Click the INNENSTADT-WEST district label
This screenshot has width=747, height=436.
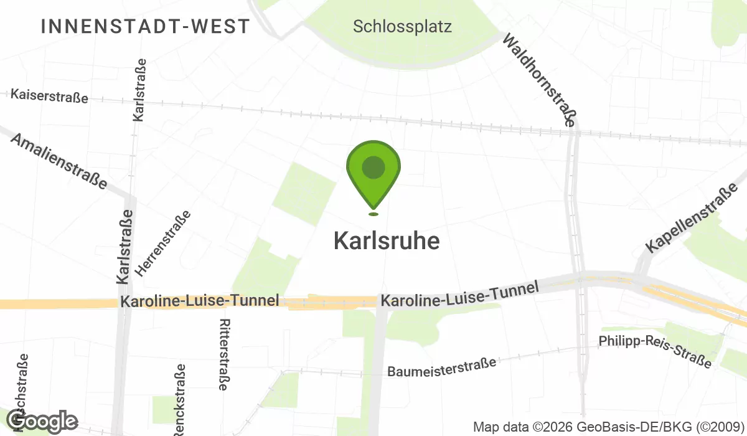coord(145,26)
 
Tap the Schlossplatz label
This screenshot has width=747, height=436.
coord(402,27)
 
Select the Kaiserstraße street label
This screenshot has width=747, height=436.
coord(50,96)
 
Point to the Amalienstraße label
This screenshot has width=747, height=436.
coord(59,161)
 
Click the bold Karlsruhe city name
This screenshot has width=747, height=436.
coord(387,241)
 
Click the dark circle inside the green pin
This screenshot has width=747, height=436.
coord(373,168)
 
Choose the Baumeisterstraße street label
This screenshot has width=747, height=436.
coord(442,367)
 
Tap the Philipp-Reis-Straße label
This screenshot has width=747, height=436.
coord(655,351)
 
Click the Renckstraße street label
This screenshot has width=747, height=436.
coord(180,399)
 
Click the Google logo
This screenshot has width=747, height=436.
coord(42,422)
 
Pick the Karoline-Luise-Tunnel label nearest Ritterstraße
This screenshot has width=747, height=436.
coord(199,301)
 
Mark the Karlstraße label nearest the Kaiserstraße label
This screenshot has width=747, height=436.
coord(140,90)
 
